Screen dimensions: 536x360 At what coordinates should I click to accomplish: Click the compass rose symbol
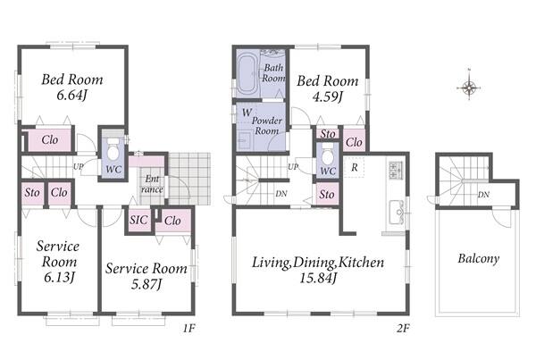pyautogui.click(x=469, y=88)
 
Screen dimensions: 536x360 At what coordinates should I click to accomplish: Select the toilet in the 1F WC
pyautogui.click(x=113, y=149)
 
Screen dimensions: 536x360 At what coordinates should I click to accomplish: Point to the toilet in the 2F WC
pyautogui.click(x=328, y=155)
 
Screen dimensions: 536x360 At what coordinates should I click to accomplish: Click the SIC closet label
pyautogui.click(x=138, y=220)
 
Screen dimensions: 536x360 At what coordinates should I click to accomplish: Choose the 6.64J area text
pyautogui.click(x=71, y=95)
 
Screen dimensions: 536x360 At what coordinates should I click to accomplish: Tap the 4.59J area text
pyautogui.click(x=327, y=96)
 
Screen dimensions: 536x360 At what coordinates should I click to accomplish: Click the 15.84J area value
pyautogui.click(x=318, y=278)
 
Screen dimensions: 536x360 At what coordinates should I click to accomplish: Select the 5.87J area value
pyautogui.click(x=147, y=284)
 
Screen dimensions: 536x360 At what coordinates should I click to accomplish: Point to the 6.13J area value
pyautogui.click(x=59, y=277)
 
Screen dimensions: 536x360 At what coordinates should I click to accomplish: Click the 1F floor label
pyautogui.click(x=188, y=329)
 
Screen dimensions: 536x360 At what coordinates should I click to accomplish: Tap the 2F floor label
pyautogui.click(x=403, y=329)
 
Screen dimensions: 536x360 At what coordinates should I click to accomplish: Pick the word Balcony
pyautogui.click(x=479, y=258)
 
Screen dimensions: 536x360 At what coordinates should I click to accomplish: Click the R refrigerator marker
pyautogui.click(x=355, y=168)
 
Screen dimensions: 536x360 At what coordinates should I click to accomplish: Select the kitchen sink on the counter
pyautogui.click(x=397, y=213)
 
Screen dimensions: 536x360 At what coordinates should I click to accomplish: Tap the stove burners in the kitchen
pyautogui.click(x=396, y=169)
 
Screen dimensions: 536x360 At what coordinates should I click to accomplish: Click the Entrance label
pyautogui.click(x=152, y=184)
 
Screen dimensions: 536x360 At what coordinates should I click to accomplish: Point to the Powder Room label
pyautogui.click(x=267, y=125)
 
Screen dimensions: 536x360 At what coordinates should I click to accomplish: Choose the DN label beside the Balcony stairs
pyautogui.click(x=483, y=195)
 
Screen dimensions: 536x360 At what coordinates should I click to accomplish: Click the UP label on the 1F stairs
pyautogui.click(x=79, y=167)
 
